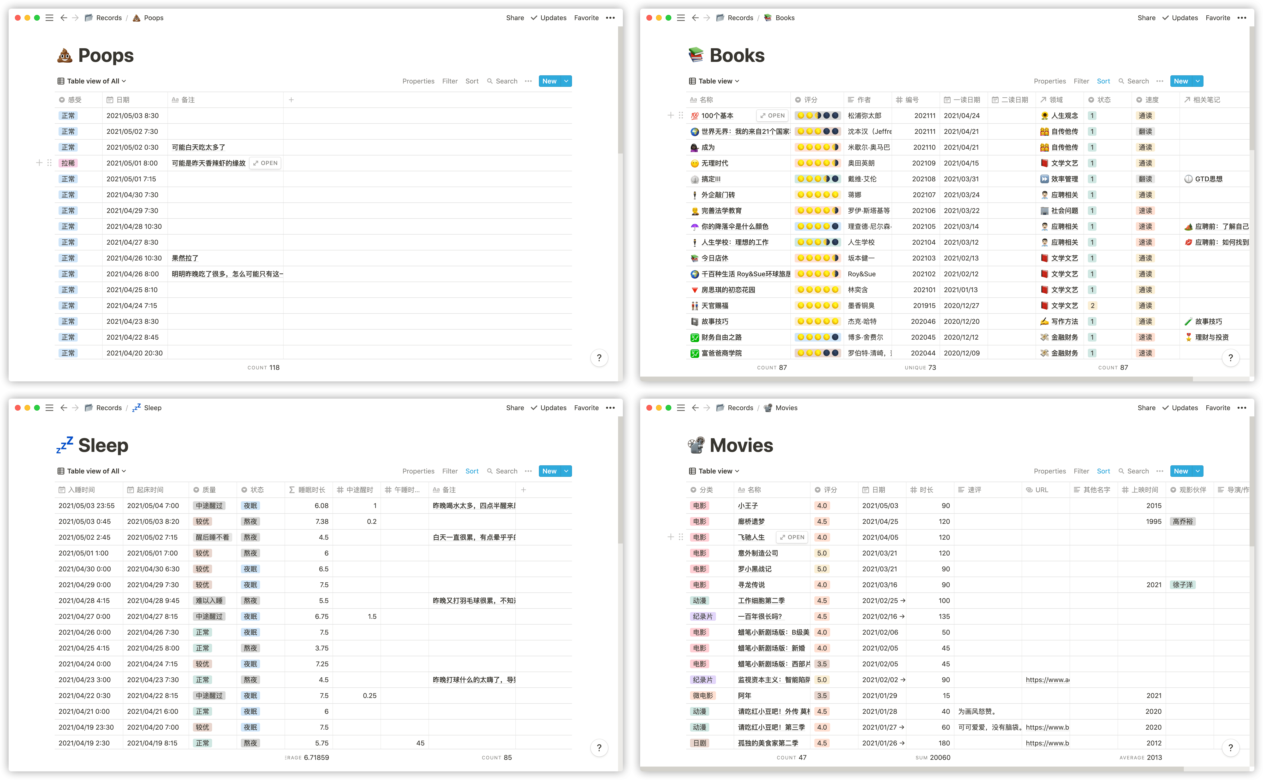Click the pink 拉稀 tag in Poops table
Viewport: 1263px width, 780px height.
pos(68,163)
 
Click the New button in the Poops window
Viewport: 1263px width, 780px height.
pos(549,81)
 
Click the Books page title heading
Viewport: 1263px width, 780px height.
pos(737,55)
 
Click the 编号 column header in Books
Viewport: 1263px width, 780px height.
pos(911,100)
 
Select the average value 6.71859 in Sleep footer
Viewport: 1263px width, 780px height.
pos(316,757)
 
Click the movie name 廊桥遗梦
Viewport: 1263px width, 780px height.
pos(751,521)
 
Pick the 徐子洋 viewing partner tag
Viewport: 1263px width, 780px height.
pos(1183,585)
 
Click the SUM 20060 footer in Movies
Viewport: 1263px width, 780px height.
pos(933,757)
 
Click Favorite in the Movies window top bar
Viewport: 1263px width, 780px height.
pos(1218,408)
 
